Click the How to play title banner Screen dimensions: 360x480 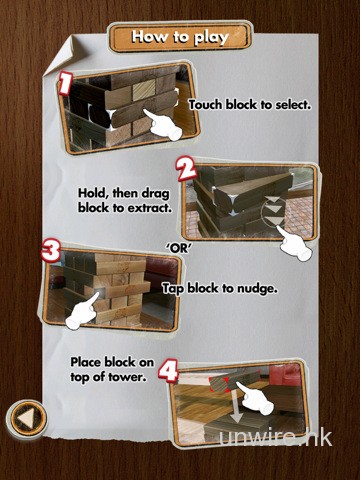[180, 37]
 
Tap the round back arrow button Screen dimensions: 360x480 [26, 418]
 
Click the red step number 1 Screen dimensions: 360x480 [65, 83]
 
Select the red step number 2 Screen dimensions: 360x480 [187, 169]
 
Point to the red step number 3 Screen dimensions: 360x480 [51, 251]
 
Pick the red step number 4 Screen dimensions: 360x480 [168, 370]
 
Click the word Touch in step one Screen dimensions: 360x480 [206, 105]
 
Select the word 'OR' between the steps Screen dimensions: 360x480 [180, 248]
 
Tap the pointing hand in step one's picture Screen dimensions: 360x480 [163, 125]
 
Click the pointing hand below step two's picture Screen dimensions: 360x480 [294, 243]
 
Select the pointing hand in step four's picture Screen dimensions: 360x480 [254, 398]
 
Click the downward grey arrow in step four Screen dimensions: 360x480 [236, 407]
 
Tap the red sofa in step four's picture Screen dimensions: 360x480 [285, 374]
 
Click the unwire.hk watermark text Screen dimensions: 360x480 [276, 437]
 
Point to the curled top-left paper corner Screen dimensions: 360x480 [62, 55]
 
